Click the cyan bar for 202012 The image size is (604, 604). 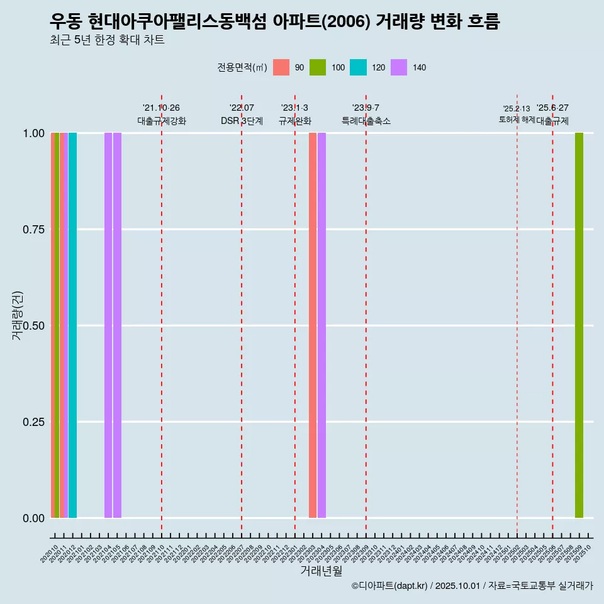point(72,325)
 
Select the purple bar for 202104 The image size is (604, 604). point(108,325)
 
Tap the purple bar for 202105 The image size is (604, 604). point(117,325)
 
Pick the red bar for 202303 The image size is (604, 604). point(313,325)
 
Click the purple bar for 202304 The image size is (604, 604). point(322,325)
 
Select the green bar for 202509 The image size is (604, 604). point(579,325)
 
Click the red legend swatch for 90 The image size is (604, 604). point(281,67)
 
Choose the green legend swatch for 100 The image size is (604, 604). point(318,67)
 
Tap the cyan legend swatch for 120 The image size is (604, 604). point(358,67)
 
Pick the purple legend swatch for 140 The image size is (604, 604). point(399,67)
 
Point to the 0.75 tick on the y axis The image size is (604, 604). point(33,230)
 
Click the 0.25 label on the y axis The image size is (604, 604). point(33,422)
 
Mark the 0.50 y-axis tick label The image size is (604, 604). point(33,326)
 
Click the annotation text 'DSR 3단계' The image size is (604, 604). point(242,121)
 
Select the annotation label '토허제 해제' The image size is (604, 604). point(517,120)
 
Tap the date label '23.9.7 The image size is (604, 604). point(366,108)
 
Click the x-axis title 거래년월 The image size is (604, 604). point(322,571)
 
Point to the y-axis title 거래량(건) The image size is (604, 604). point(17,316)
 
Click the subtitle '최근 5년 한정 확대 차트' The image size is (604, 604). point(107,40)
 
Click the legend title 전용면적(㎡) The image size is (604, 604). point(242,68)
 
